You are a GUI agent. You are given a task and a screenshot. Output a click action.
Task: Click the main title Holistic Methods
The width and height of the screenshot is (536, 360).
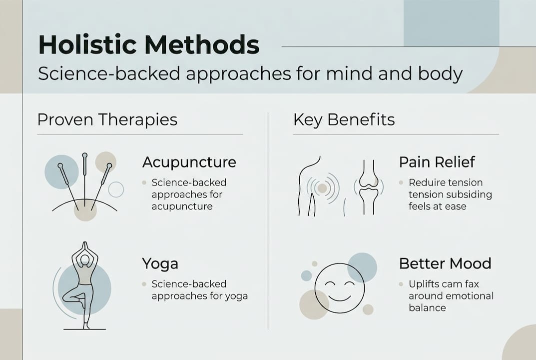(148, 45)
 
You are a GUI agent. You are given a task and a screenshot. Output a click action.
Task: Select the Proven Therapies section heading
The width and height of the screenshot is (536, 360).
(107, 119)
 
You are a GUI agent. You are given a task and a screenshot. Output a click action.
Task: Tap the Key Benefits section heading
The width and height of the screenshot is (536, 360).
(344, 119)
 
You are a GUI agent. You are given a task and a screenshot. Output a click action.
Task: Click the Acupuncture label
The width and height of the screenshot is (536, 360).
(189, 162)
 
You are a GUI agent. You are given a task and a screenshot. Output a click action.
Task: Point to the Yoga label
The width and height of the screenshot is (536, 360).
(160, 263)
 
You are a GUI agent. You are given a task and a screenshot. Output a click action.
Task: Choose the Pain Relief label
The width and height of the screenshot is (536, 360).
(437, 162)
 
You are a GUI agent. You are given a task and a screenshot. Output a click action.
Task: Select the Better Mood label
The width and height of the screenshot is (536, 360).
(445, 263)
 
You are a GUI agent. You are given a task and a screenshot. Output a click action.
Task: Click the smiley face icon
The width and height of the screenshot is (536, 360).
(339, 288)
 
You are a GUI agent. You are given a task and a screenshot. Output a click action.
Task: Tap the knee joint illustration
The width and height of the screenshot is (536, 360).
(369, 187)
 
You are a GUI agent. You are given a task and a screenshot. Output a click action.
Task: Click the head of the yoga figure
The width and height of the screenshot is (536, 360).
(85, 260)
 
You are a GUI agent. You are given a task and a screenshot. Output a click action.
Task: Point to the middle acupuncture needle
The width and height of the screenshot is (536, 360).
(85, 180)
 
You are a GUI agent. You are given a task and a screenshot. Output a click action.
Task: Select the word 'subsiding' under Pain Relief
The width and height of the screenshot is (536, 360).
(468, 194)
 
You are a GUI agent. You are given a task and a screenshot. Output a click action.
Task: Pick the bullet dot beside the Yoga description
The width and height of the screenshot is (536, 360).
(144, 284)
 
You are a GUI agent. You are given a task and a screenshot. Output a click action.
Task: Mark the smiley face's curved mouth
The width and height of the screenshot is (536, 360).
(339, 296)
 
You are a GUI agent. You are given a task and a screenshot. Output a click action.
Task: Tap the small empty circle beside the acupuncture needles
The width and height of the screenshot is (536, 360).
(116, 189)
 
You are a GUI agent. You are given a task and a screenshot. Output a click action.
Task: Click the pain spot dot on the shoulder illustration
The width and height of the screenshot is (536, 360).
(322, 188)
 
